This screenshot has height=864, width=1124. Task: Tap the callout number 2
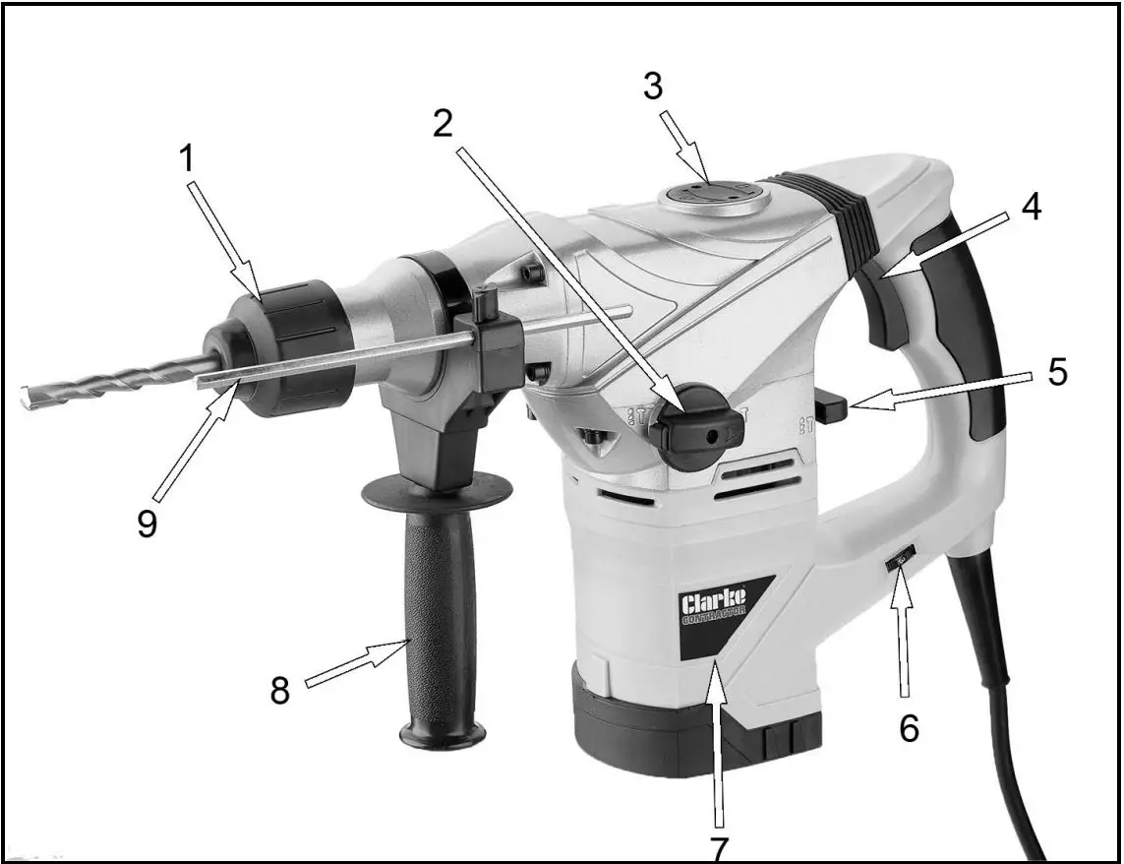point(443,123)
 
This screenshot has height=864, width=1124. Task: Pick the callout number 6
point(909,727)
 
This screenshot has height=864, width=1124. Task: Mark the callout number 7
point(720,845)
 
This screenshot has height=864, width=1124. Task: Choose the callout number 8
point(280,691)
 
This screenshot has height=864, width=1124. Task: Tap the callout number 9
point(147,523)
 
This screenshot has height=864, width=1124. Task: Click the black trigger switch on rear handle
point(890,310)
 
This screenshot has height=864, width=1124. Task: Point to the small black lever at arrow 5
point(830,406)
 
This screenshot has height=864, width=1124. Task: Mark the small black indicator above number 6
point(900,562)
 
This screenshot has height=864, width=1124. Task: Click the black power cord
point(1003,689)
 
